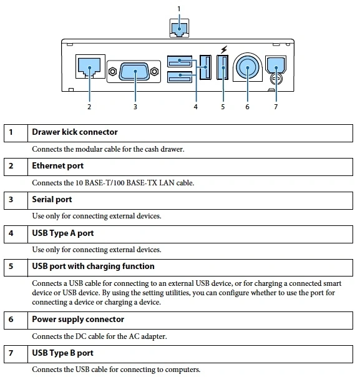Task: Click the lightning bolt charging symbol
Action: coord(224,49)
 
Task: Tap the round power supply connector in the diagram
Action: coord(248,67)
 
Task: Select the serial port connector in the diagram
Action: coord(134,71)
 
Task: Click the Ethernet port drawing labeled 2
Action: coord(89,67)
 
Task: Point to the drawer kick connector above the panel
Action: coord(179,29)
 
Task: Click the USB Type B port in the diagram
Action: coord(276,65)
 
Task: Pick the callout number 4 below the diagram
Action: coord(196,107)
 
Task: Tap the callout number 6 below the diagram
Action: coord(247,107)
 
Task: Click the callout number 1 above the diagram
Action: coord(179,9)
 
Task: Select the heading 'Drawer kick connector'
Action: coord(75,132)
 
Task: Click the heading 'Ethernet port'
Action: coord(57,166)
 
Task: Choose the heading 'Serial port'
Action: coord(52,200)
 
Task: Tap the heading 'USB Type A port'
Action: coord(63,233)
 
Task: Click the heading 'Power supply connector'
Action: coord(78,320)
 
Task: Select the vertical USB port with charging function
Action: coord(223,67)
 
